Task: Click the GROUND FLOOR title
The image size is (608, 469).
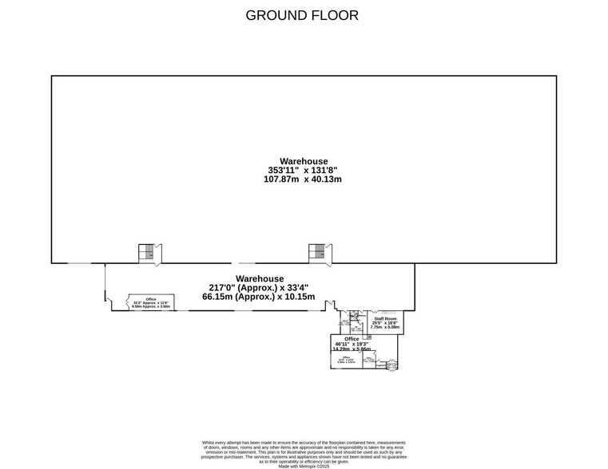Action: point(302,15)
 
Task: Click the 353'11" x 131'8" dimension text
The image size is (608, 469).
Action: point(303,170)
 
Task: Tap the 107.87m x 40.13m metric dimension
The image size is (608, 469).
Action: point(303,179)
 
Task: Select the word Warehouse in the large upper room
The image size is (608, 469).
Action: point(303,161)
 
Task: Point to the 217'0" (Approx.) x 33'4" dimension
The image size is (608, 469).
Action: point(259,288)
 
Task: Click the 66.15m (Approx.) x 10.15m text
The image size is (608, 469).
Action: point(259,297)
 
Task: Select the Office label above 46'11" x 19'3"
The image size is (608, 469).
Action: point(352,339)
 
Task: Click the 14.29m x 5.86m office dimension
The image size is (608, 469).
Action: point(352,349)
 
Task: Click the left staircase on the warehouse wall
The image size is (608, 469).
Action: point(148,252)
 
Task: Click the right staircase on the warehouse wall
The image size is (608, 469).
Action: point(317,252)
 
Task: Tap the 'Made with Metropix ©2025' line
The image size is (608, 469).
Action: point(303,466)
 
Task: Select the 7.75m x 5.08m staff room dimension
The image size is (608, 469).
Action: point(385,327)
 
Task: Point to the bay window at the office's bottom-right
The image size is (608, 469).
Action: point(391,367)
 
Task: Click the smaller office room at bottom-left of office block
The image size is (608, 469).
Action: point(346,360)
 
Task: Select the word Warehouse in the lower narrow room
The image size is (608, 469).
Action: point(259,278)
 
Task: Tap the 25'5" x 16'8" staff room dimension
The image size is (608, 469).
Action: point(385,323)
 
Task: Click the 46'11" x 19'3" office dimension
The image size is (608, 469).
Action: point(352,344)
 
